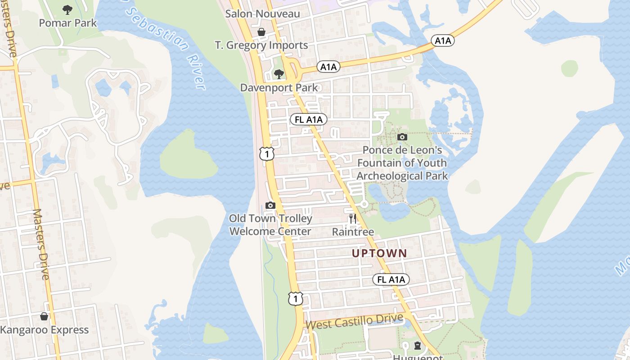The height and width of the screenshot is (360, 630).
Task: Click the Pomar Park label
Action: click(x=67, y=22)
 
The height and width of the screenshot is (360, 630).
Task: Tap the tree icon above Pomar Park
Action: click(x=67, y=9)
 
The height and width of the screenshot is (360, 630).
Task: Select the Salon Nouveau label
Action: click(x=262, y=13)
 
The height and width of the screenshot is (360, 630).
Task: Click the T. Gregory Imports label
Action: click(x=261, y=45)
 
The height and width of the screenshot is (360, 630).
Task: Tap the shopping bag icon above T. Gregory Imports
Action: click(x=261, y=32)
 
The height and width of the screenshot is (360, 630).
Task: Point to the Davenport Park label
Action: click(x=279, y=87)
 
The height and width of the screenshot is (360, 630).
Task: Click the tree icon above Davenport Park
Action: click(x=279, y=74)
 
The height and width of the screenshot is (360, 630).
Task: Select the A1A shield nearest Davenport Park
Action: click(x=328, y=67)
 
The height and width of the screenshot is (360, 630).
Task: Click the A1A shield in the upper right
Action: click(x=442, y=40)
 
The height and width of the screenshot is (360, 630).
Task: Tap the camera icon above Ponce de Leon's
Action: click(x=402, y=137)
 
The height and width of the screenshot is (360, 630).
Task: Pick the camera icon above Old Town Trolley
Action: click(x=270, y=205)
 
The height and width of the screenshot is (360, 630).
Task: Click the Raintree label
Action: click(x=353, y=232)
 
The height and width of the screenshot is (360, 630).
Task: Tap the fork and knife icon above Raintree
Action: click(x=353, y=219)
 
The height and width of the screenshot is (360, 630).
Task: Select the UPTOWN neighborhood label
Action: click(x=379, y=253)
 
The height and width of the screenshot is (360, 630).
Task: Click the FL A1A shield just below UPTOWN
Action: click(x=391, y=279)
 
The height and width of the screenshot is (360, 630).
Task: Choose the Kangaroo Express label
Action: click(x=44, y=330)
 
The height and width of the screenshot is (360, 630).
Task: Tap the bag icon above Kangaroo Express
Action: click(x=44, y=317)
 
